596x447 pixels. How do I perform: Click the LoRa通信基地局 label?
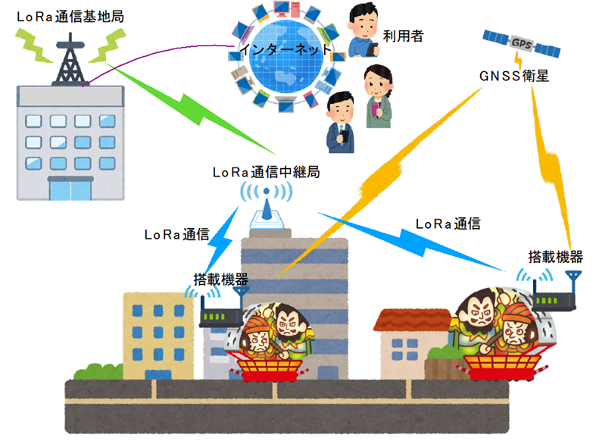click(x=70, y=17)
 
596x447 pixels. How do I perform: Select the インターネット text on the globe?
click(x=286, y=49)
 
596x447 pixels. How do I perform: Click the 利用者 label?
click(x=403, y=36)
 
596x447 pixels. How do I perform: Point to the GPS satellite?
click(x=521, y=44)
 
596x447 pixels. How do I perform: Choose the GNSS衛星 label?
click(x=514, y=76)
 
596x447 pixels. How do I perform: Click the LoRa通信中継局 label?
click(x=266, y=172)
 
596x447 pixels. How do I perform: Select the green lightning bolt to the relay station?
click(x=190, y=108)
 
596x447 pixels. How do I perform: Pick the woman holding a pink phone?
click(x=377, y=96)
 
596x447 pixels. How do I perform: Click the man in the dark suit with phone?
click(x=341, y=123)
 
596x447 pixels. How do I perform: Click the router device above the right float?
click(x=554, y=292)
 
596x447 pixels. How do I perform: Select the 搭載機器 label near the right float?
click(x=555, y=258)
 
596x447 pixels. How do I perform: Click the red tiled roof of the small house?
click(x=413, y=320)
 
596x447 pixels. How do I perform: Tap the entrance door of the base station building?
click(x=70, y=189)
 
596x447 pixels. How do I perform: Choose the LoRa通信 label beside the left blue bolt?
click(x=176, y=235)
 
